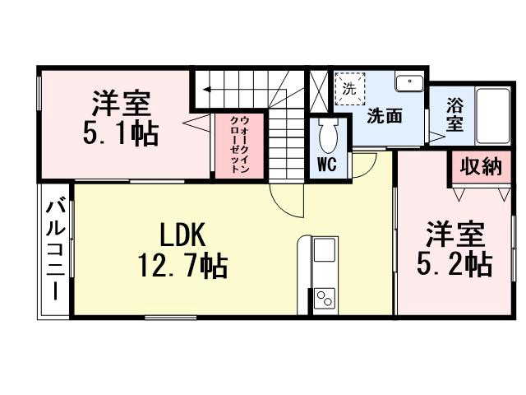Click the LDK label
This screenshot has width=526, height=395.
click(182, 235)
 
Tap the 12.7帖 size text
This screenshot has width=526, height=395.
click(182, 267)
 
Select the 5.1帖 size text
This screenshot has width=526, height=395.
click(120, 134)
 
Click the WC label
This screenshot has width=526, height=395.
click(326, 165)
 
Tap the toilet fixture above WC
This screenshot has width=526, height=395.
click(326, 135)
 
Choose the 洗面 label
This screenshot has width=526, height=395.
click(384, 116)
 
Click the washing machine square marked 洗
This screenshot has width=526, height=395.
click(348, 88)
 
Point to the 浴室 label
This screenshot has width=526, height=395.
click(454, 115)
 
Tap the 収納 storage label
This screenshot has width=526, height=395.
click(479, 166)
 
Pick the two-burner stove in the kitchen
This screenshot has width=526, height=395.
click(324, 298)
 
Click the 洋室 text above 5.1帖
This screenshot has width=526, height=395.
click(120, 105)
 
